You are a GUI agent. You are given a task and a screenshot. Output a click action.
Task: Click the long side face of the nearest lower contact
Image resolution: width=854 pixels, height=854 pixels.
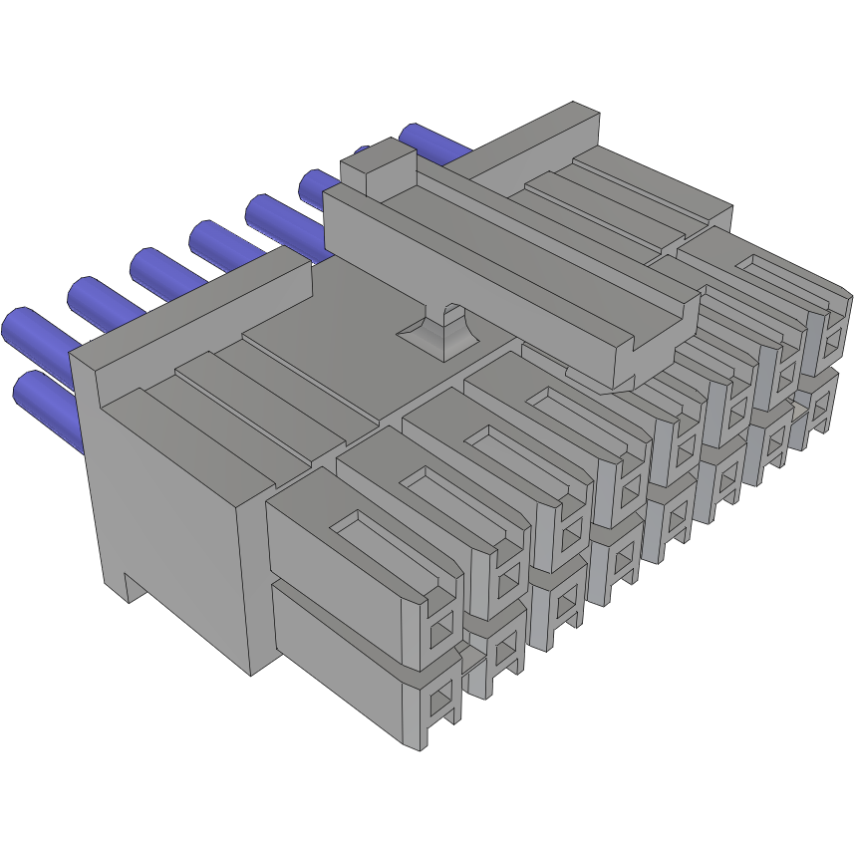coord(339,648)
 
